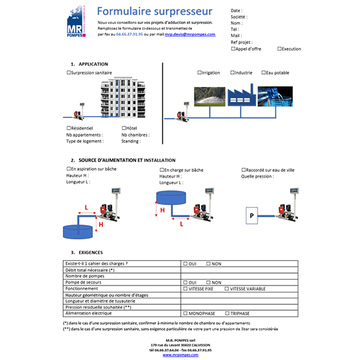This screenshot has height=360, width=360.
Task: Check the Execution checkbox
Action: [279, 49]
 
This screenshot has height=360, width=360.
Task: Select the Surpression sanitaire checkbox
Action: [69, 73]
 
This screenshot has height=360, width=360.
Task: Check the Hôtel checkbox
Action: [123, 128]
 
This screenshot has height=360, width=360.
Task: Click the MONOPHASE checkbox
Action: [185, 313]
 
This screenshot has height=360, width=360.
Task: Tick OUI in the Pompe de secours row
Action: [185, 283]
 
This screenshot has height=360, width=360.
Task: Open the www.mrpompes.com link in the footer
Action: [180, 355]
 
